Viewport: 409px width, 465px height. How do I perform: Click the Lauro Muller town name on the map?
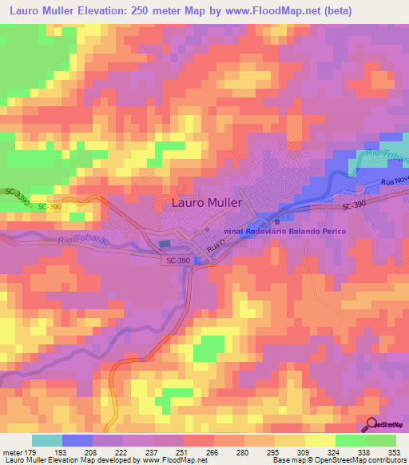point(206,203)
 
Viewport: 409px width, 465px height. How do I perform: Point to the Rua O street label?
point(213,249)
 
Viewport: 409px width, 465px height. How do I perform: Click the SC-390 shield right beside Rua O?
point(180,261)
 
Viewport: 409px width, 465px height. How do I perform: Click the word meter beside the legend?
point(14,451)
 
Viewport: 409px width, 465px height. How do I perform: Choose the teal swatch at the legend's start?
point(47,440)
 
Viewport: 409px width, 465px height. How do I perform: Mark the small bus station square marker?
point(276,222)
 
